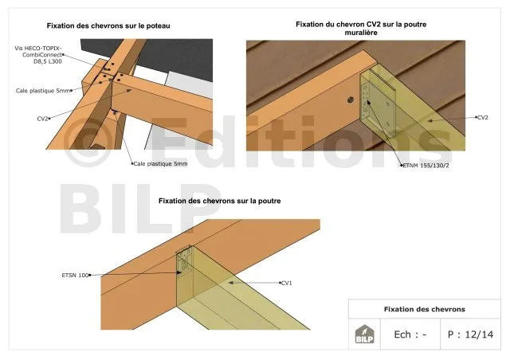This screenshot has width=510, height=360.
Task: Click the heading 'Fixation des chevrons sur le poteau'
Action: pos(108,25)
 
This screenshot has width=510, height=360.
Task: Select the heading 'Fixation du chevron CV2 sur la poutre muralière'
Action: pos(361,29)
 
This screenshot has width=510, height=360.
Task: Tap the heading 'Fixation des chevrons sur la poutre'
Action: pos(220,201)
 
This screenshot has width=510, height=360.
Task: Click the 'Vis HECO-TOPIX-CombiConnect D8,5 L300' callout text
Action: pos(38,55)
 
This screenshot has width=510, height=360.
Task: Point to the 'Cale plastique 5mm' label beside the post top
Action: pos(43,91)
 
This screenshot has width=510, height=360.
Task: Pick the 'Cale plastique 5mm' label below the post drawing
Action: pos(160,163)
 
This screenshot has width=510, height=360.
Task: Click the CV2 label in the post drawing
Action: pos(42,119)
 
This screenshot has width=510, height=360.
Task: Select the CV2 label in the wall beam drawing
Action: pos(483,117)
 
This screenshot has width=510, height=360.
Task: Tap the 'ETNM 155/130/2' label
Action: pos(426,166)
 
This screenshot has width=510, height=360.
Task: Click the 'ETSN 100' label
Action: pos(75,275)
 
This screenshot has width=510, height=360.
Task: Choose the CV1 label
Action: pos(287,283)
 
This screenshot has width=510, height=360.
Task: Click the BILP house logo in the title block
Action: pos(364,334)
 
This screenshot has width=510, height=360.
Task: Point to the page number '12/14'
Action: pos(479,335)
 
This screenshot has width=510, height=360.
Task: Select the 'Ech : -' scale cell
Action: pos(410,335)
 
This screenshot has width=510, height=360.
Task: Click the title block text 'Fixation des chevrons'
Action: pos(425,309)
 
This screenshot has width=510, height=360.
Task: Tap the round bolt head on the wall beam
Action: pos(351,100)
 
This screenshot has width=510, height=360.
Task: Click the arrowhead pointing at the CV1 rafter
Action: pos(230,283)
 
